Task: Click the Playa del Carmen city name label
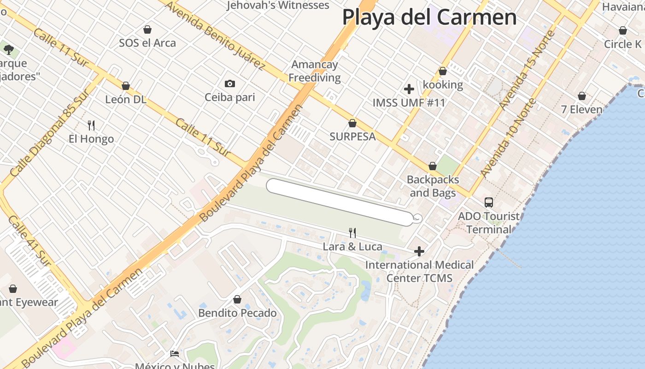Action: (x=429, y=18)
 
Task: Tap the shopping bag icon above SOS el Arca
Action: (x=147, y=30)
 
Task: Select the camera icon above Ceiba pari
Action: (x=229, y=83)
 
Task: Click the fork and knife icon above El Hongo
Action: (x=91, y=125)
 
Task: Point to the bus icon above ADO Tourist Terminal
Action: (x=488, y=202)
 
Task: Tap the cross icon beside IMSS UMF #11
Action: (x=409, y=89)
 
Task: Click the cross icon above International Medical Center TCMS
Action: (x=419, y=251)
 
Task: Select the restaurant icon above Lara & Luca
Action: (x=352, y=232)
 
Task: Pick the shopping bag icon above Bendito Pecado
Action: (x=237, y=299)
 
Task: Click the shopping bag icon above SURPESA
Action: (x=352, y=123)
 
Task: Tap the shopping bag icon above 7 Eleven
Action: (x=582, y=96)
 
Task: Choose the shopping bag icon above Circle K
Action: (x=623, y=30)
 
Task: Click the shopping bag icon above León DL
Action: (x=126, y=86)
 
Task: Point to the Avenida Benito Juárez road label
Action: (x=214, y=36)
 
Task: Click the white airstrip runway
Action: (x=339, y=202)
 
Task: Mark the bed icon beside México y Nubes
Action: (x=175, y=354)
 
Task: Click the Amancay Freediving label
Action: (x=315, y=71)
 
